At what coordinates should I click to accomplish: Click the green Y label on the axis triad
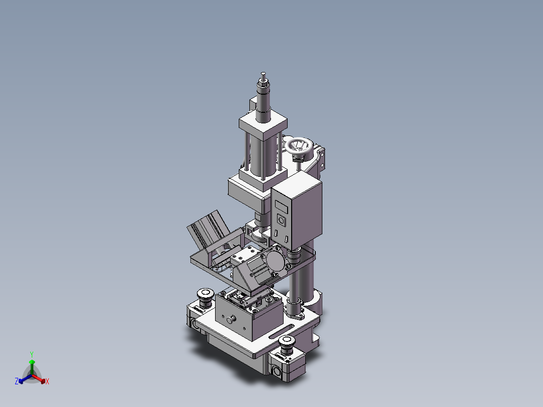coord(31,354)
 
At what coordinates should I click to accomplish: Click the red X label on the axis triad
coord(47,382)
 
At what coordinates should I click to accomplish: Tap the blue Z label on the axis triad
coord(17,382)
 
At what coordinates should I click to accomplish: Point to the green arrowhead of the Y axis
coord(32,362)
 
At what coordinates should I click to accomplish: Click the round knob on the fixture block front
coord(232,319)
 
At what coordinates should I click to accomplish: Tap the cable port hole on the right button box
coord(277,372)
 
